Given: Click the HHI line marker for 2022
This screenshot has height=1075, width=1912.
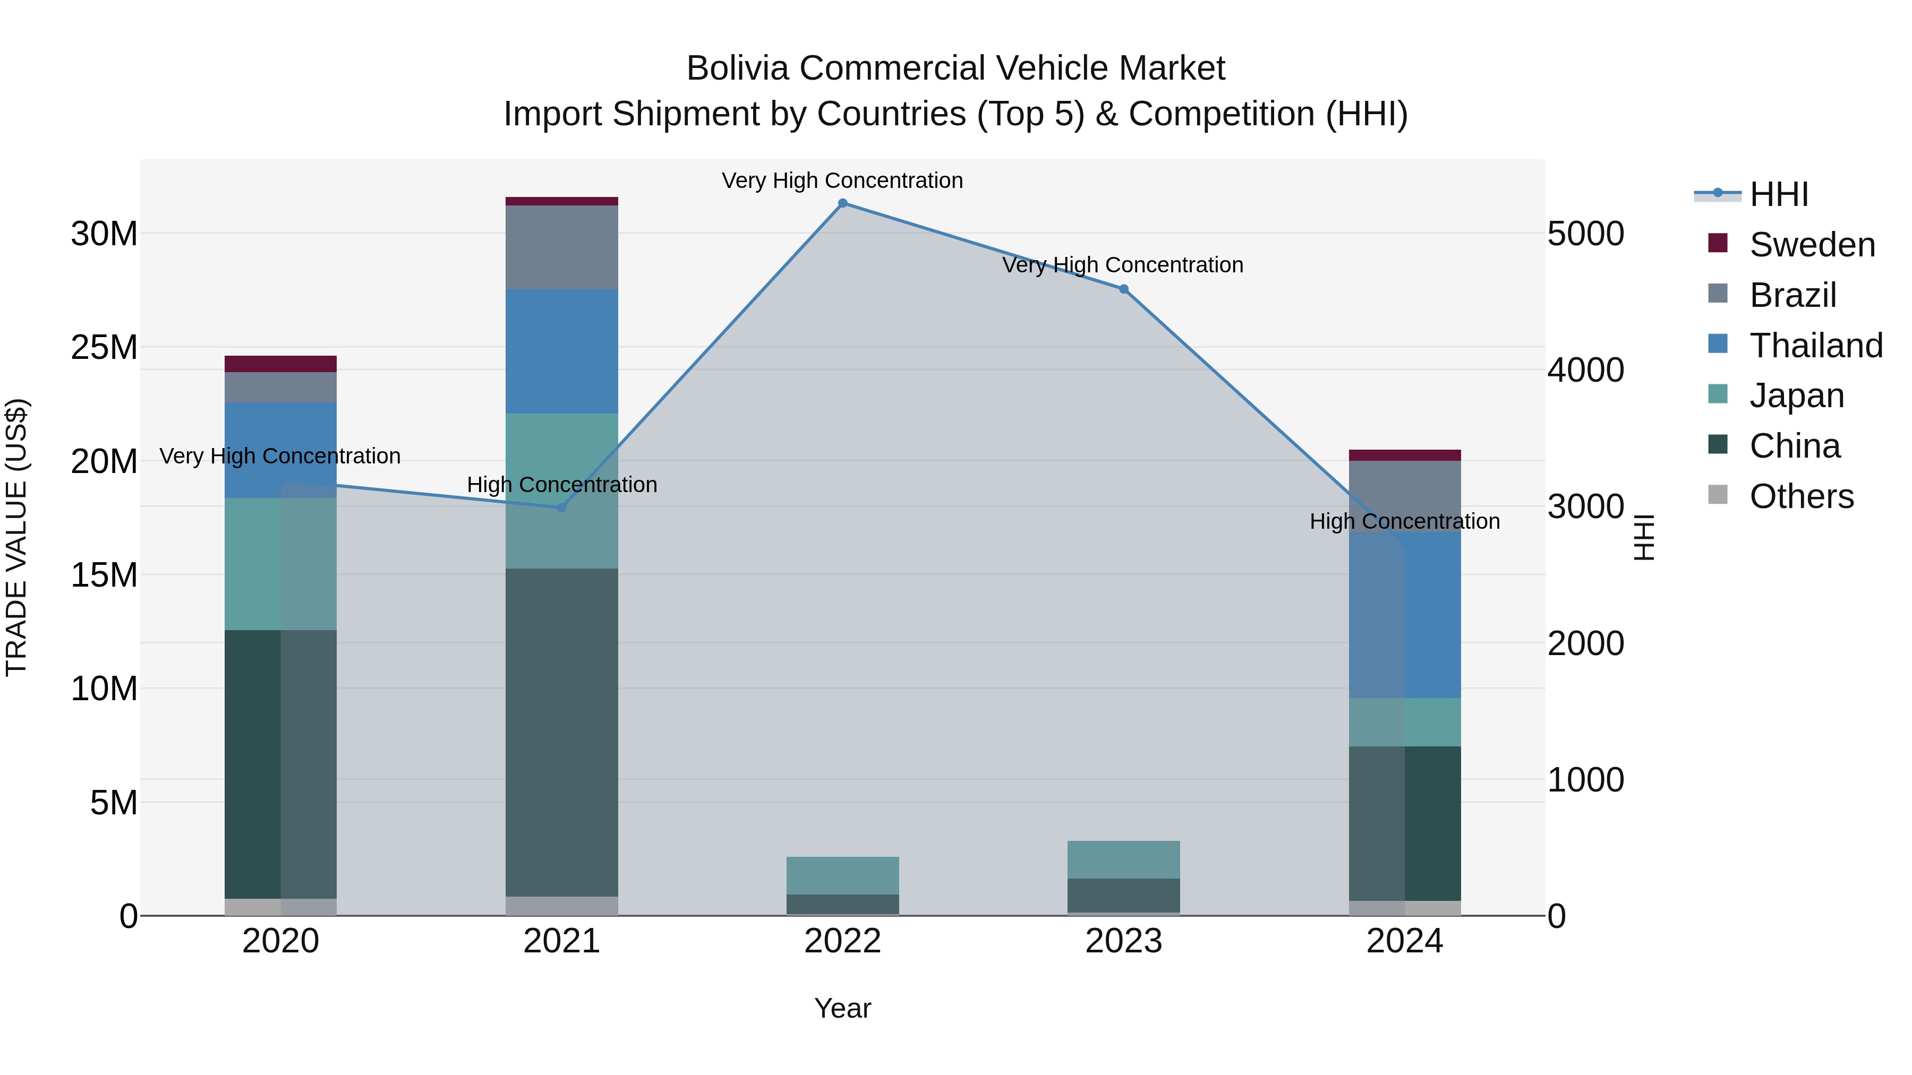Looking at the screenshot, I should pos(842,203).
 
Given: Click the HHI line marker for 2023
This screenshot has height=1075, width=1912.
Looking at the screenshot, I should pos(1124,289).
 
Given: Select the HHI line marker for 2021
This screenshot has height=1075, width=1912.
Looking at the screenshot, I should pos(562,508).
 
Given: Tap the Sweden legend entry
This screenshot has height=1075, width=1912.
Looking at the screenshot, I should pos(1811,245).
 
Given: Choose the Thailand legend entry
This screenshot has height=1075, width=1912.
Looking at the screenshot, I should pos(1815,346).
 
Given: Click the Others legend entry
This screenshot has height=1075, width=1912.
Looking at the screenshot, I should pos(1800,496).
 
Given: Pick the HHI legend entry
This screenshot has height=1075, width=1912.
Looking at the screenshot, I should pos(1778,194).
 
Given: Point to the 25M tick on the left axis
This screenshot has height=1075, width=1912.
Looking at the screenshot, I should pos(104,347).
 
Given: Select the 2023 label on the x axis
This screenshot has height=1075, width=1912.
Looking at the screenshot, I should pos(1124,941).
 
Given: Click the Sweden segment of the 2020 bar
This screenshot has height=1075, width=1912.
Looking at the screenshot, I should pos(280,364).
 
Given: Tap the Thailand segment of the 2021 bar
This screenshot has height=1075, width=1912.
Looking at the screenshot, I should pos(562,351).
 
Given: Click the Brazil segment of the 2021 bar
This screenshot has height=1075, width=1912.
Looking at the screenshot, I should pos(562,247).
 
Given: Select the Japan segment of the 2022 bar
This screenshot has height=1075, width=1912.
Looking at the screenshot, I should pos(842,875).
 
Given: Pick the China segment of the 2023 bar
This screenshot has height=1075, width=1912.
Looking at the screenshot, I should pos(1124,896).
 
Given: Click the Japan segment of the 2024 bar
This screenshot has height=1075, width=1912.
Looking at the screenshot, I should pos(1405,722).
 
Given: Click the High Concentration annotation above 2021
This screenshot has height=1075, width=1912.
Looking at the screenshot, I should pos(562,485).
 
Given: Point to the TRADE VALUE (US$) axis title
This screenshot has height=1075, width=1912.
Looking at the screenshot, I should pos(16,537).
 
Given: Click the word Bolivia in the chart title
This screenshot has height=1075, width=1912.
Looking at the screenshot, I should pos(739,68).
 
